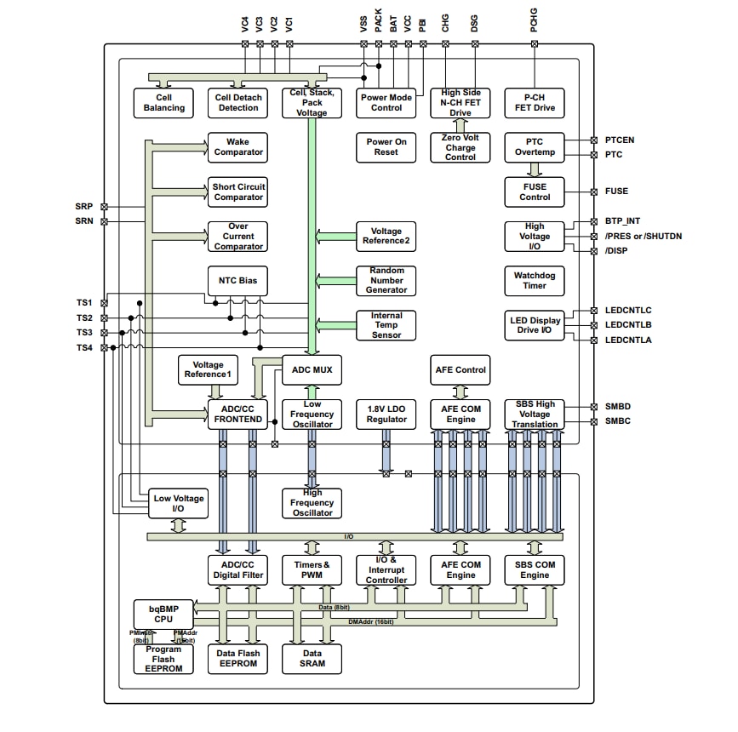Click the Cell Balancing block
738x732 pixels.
(163, 103)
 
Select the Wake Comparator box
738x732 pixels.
(238, 147)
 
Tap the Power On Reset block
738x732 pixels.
(386, 147)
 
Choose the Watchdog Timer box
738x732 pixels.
(535, 280)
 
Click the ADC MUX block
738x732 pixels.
(312, 370)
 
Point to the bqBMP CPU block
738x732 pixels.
(163, 614)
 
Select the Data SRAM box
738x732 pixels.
(312, 658)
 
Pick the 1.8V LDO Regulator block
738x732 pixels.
(386, 415)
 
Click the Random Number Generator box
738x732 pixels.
(386, 280)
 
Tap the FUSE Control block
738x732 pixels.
(535, 192)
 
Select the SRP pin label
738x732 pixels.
(84, 207)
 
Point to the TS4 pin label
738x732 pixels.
(84, 348)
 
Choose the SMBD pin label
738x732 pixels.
(617, 407)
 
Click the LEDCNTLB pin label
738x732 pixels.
(628, 325)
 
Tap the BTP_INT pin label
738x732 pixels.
(622, 221)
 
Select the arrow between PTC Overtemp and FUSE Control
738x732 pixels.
(535, 170)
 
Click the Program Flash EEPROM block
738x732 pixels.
(163, 659)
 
